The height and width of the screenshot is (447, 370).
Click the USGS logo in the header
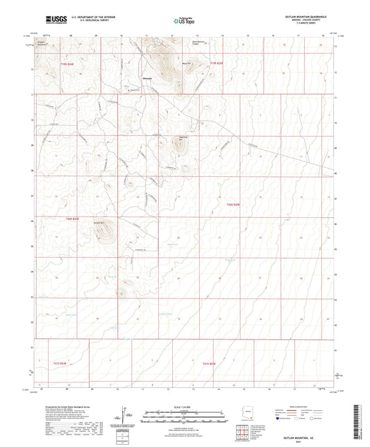coord(51,20)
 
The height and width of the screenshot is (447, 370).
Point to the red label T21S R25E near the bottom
coord(210,363)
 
